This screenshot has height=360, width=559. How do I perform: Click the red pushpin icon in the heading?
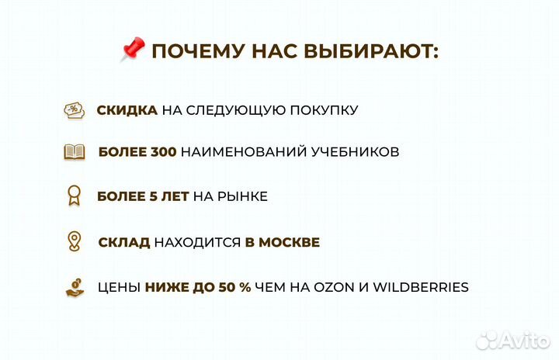pos(133,51)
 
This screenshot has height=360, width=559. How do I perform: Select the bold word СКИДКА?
pos(127,110)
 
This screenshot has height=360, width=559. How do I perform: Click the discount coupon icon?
pos(74,110)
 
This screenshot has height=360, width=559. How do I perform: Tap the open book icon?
pos(75,152)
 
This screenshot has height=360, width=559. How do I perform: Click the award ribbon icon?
pos(74,196)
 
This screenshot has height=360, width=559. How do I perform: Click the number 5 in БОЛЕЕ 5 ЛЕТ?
pos(153,197)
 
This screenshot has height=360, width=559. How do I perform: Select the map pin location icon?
pos(75,241)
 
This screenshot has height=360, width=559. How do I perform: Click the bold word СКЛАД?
pos(124,242)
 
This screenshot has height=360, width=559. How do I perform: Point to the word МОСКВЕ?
pos(289,242)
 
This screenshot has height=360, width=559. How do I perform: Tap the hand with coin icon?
pos(75,287)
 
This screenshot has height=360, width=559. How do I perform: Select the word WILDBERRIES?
pos(421,287)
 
